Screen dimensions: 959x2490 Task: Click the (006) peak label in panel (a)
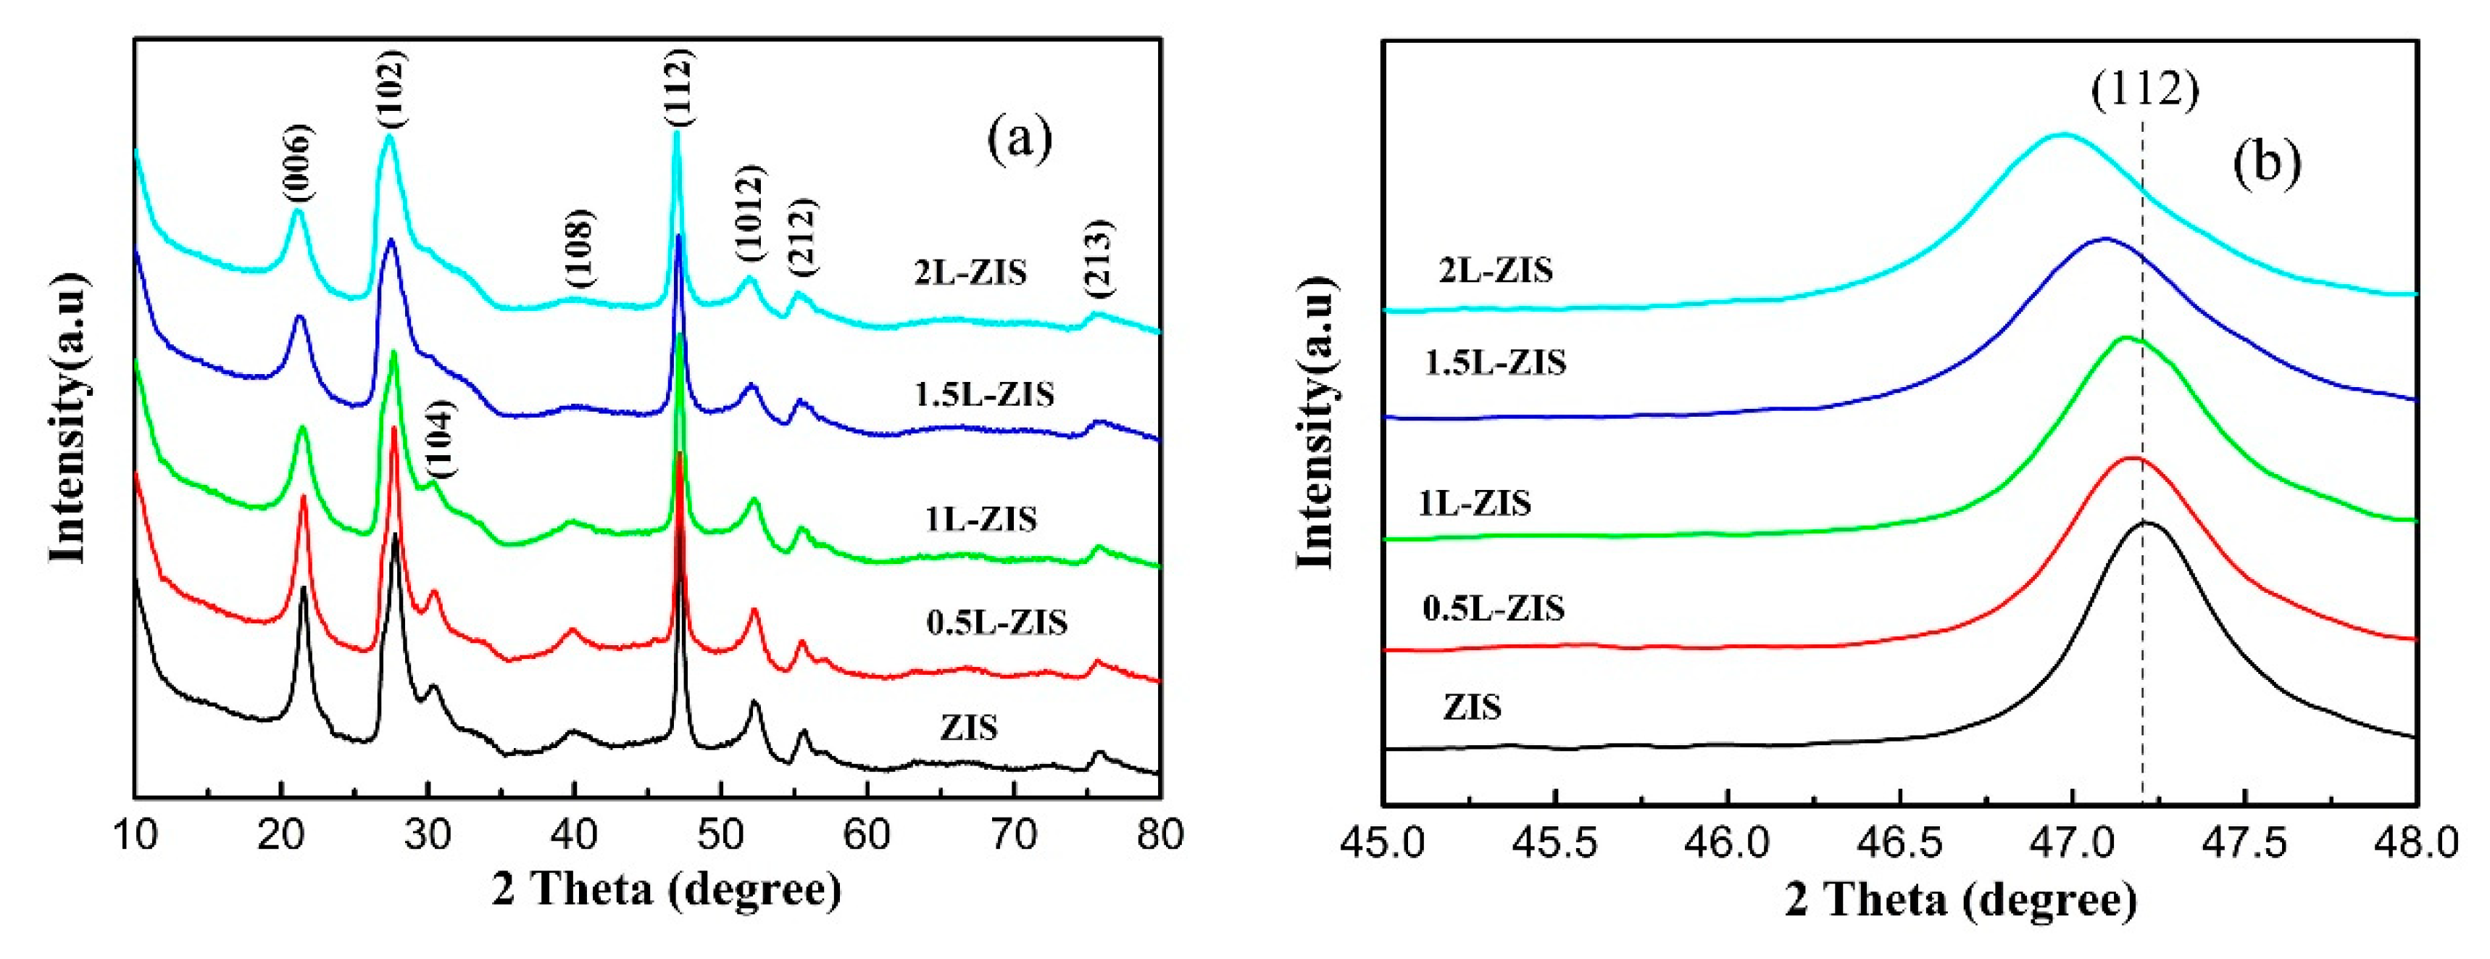tap(299, 165)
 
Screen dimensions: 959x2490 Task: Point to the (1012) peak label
tap(749, 212)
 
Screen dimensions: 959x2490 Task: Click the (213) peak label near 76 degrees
tap(1099, 257)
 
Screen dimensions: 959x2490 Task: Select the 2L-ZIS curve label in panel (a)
tap(970, 273)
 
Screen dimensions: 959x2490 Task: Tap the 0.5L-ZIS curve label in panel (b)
tap(1494, 608)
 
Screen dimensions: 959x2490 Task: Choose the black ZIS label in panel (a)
tap(969, 727)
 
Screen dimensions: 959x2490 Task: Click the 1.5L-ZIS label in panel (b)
tap(1494, 362)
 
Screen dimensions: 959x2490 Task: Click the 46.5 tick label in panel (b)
tap(1899, 844)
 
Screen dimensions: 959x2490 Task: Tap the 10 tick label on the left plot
tap(136, 834)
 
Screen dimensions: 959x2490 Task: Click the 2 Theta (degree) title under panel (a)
tap(667, 890)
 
